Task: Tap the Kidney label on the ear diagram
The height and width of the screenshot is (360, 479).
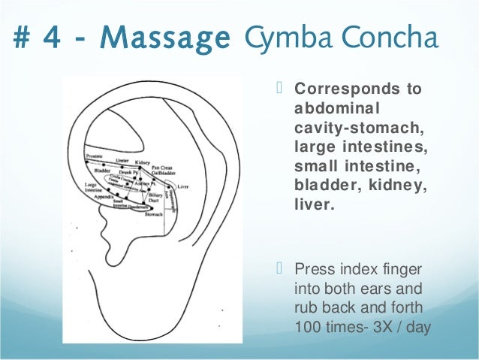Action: [142, 162]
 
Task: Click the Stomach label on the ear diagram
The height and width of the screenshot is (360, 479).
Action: [153, 215]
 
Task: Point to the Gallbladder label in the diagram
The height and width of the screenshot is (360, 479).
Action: [161, 171]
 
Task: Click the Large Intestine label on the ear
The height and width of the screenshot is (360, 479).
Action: [91, 186]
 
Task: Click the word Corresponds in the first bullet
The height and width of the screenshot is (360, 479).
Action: [343, 89]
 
